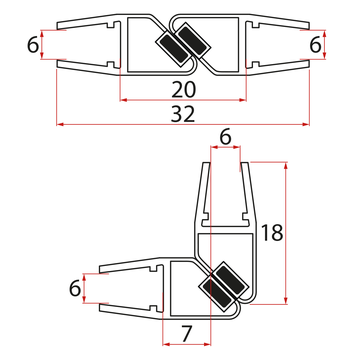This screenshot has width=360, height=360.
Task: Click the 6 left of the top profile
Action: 34,46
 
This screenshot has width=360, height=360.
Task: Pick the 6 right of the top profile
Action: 316,46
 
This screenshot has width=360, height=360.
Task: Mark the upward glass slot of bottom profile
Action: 225,190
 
